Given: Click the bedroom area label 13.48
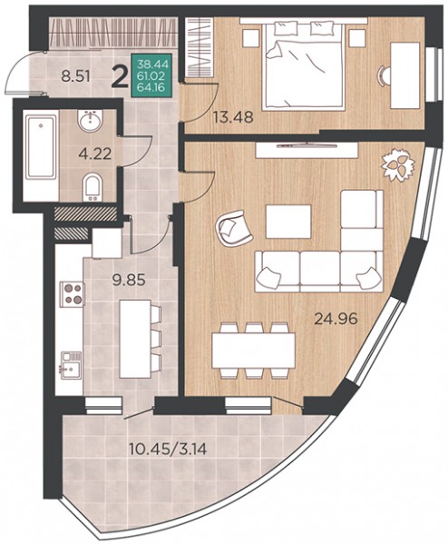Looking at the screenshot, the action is coord(233,117).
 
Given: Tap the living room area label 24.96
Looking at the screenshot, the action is coord(336,319).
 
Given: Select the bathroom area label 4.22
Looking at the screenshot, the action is coord(94,154).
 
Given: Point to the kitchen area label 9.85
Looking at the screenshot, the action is coord(129,279).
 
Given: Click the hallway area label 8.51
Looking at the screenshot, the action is coord(75,76).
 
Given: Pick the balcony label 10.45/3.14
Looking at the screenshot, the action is coord(168,450).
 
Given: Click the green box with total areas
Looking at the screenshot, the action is coord(151,75).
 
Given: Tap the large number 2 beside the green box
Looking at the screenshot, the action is coord(120,77).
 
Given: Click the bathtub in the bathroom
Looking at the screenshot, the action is coord(41,148).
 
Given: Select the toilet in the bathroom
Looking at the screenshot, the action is coord(92,188).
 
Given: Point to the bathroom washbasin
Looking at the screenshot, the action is coord(90,121).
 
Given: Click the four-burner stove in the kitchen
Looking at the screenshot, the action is coord(73,294).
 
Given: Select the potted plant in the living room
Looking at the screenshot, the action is coord(398,164).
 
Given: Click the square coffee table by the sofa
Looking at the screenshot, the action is coord(288,222).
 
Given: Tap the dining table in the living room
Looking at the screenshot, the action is coord(253,350).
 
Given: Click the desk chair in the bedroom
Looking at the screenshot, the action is coord(385,75).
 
